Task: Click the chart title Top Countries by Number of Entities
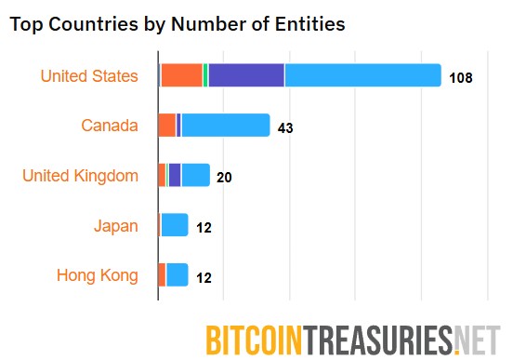point(177,25)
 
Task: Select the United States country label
point(89,75)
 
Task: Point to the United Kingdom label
point(80,175)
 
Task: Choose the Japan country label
point(116,225)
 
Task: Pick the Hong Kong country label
point(97,275)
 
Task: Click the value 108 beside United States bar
point(460,77)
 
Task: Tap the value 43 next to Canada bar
point(285,127)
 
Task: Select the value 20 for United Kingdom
point(224,177)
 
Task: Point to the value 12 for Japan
point(204,226)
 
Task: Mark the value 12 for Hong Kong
point(204,276)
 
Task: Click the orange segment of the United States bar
point(181,75)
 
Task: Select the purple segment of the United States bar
point(246,75)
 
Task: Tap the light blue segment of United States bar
point(362,75)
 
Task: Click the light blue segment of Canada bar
point(226,126)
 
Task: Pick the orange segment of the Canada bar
point(167,126)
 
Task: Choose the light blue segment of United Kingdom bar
point(195,175)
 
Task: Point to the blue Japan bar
point(175,225)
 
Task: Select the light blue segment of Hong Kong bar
point(177,275)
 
